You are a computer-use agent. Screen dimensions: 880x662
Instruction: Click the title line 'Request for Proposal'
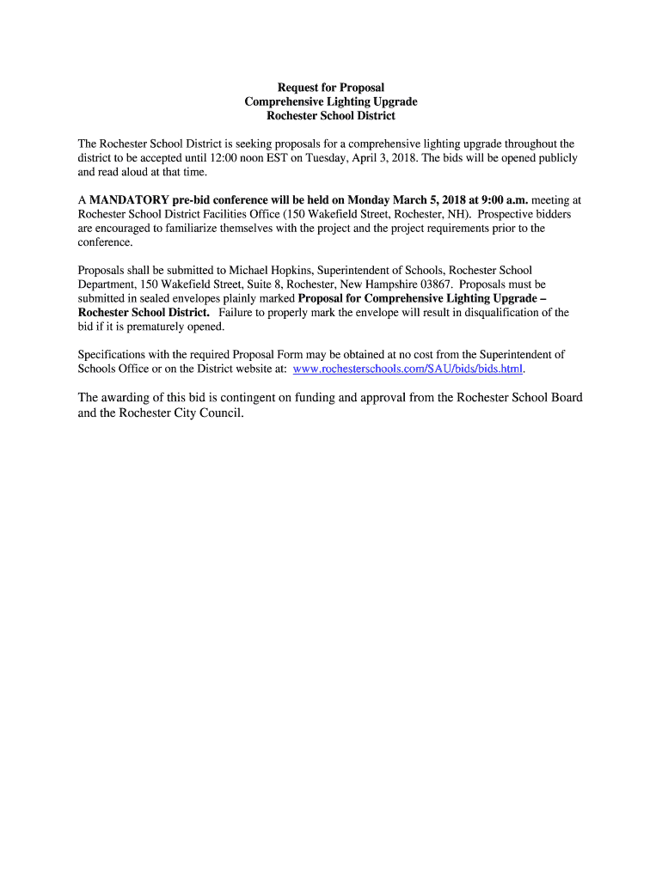tap(331, 88)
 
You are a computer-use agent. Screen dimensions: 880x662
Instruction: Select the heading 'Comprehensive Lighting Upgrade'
tap(331, 101)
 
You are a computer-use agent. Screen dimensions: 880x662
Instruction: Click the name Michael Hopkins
tap(272, 270)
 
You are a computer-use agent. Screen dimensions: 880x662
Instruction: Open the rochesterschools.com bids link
tap(408, 369)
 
